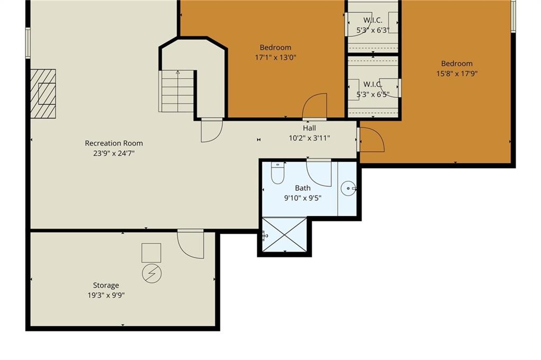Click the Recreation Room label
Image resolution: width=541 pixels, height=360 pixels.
click(114, 143)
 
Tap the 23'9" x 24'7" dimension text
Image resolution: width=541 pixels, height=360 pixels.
click(114, 153)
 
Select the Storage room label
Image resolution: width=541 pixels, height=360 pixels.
click(106, 285)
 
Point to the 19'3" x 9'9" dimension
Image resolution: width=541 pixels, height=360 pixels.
click(106, 296)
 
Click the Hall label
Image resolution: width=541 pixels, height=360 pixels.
click(310, 128)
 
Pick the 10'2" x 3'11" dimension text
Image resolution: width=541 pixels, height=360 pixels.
click(310, 139)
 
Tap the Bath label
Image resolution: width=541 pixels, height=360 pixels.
click(303, 188)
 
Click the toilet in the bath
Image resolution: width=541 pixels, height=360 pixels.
click(277, 173)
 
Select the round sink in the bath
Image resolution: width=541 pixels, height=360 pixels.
click(348, 188)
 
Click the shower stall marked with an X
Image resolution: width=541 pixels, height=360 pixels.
click(284, 234)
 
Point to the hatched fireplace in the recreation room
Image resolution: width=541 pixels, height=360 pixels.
click(43, 94)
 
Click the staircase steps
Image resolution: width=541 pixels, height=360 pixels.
click(178, 91)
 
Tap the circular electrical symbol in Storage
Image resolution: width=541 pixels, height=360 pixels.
click(152, 274)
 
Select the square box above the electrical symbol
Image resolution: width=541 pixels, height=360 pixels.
click(152, 253)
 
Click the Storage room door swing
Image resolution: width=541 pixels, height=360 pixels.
click(190, 244)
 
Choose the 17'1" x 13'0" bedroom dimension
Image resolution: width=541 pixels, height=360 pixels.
click(276, 57)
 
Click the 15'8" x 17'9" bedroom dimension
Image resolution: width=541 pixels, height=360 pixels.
click(457, 73)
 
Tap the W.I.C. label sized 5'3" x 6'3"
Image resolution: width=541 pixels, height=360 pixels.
click(372, 21)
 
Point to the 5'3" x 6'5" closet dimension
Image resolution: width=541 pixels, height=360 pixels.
click(372, 94)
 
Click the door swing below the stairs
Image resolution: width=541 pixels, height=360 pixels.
click(212, 131)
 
